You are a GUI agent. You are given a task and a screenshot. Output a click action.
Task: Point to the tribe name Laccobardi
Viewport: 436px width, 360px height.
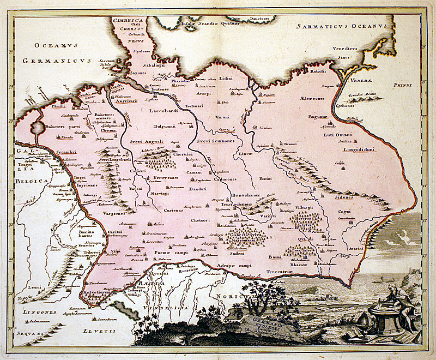[x=163, y=111]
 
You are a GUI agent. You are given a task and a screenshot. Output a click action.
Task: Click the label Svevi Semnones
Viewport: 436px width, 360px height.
[x=214, y=140]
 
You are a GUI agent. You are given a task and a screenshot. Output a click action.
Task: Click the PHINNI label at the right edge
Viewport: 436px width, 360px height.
[x=403, y=86]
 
